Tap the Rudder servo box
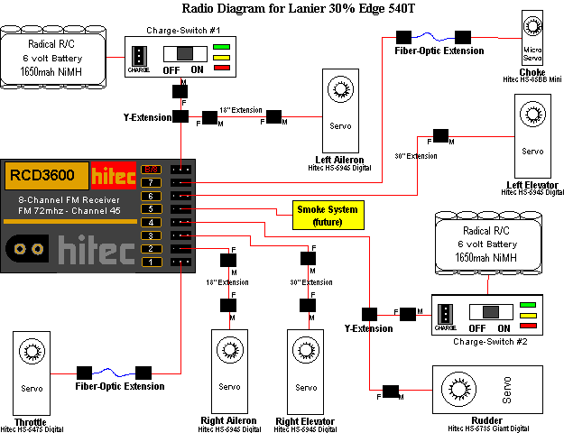[x=491, y=392]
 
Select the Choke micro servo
[x=532, y=36]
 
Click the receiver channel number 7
[x=153, y=182]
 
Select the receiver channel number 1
[x=153, y=262]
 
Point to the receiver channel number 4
[x=153, y=222]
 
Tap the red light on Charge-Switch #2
[x=529, y=325]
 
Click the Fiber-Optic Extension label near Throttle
[x=120, y=386]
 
